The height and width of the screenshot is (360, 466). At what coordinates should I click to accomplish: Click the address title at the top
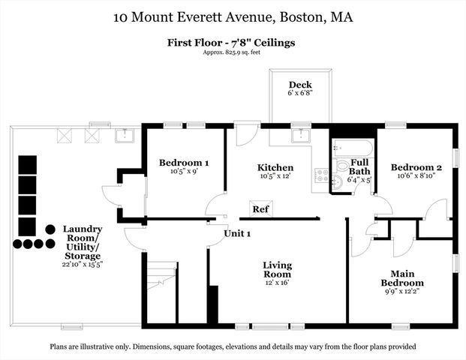(x=233, y=16)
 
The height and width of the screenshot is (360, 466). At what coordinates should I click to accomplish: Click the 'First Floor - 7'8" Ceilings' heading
(x=230, y=43)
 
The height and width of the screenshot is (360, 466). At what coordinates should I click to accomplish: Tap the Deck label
(x=301, y=85)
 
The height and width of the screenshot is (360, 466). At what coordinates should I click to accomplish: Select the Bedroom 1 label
(x=184, y=163)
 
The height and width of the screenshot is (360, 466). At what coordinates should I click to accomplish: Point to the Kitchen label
(x=275, y=167)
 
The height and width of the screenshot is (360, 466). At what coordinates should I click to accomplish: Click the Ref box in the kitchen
(x=260, y=208)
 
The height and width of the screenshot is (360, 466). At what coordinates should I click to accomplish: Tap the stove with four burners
(x=321, y=177)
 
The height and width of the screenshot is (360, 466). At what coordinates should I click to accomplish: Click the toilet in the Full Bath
(x=341, y=166)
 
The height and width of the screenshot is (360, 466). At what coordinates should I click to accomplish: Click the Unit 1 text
(x=237, y=233)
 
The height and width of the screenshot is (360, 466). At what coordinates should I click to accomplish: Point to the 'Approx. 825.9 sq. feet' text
(x=230, y=55)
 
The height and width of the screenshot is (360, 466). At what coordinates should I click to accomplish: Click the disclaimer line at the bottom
(x=233, y=346)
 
